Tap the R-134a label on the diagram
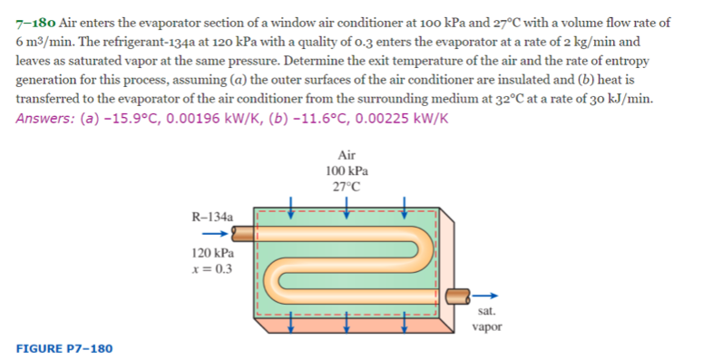tap(213, 218)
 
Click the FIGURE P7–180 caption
tap(63, 348)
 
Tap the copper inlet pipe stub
tap(243, 235)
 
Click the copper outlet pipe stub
tap(459, 294)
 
